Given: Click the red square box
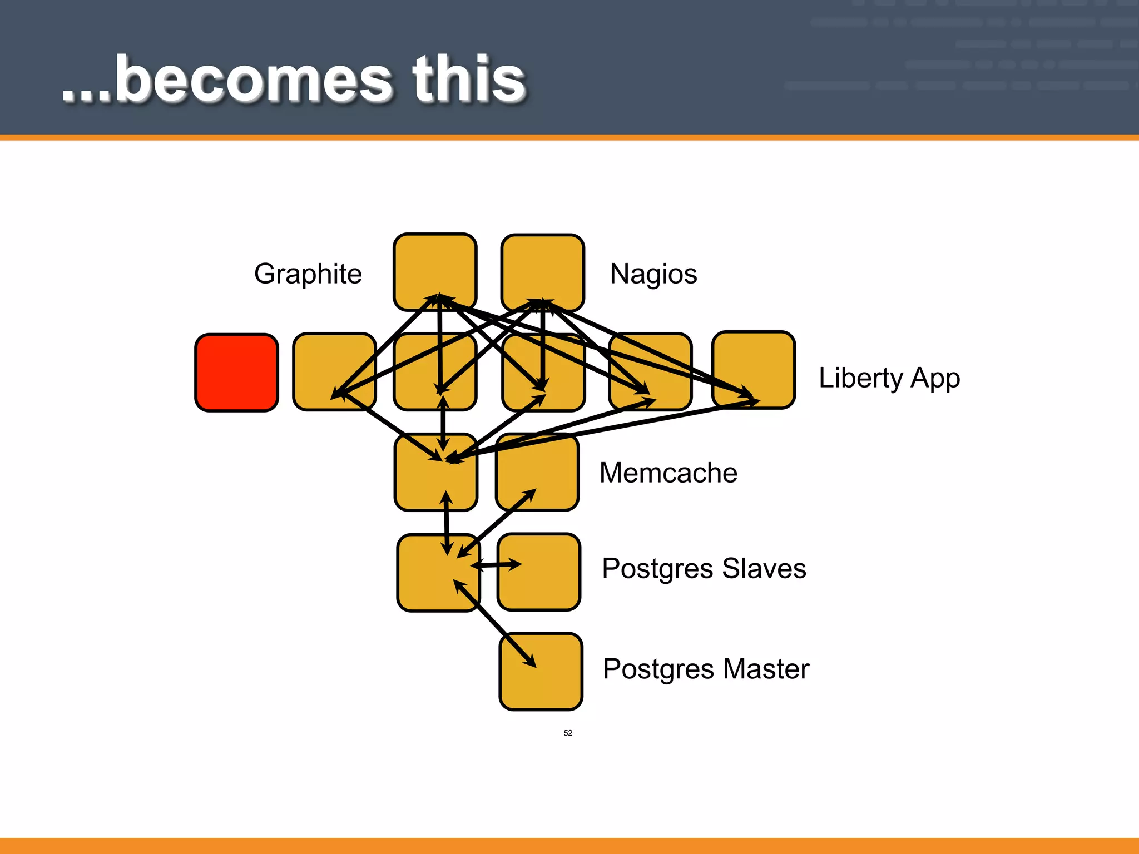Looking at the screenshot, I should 236,373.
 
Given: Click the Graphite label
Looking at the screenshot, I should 308,274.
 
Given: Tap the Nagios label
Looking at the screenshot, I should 653,274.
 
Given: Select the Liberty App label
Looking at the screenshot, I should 889,378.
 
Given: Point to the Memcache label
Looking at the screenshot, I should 668,473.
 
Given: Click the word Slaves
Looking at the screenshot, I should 764,569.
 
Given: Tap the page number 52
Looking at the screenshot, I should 568,733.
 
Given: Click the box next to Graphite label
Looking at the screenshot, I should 435,261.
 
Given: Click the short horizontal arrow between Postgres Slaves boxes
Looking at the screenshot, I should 497,565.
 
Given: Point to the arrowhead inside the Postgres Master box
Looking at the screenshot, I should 530,661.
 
